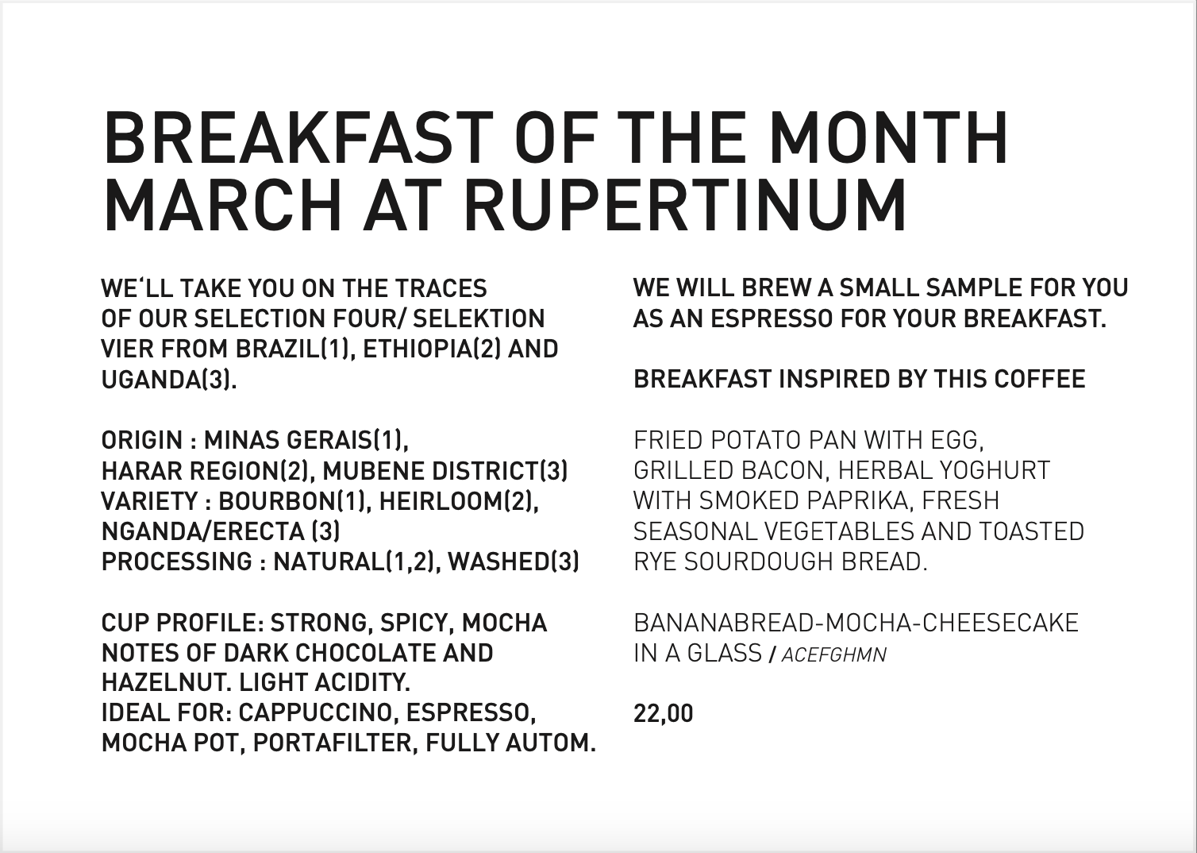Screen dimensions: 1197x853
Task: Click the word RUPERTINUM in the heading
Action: [686, 206]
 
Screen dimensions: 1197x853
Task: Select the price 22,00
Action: [663, 714]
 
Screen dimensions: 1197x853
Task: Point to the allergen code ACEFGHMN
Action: [834, 654]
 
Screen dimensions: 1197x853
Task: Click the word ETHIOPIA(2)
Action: [432, 349]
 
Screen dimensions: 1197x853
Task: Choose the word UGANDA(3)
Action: [169, 380]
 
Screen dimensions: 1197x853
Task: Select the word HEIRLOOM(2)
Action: [459, 501]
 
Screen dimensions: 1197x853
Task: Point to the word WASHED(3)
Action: [514, 562]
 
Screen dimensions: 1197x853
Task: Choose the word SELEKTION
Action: [479, 318]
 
